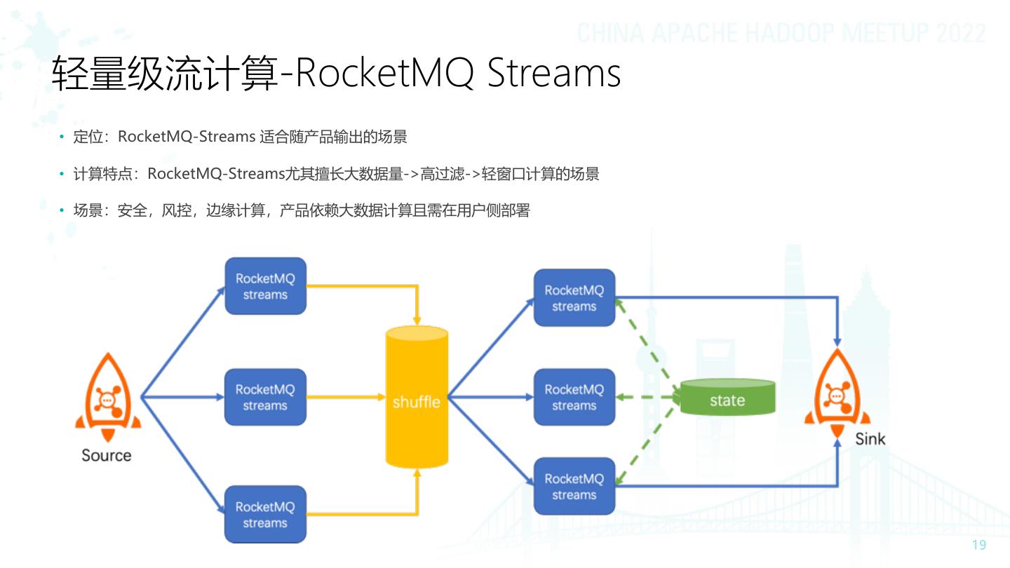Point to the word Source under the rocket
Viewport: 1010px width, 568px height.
point(107,455)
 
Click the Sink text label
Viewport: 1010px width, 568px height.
point(870,439)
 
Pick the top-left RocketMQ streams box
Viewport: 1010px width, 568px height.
point(265,286)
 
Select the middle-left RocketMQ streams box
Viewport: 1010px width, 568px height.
point(265,397)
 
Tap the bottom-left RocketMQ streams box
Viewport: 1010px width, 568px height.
point(265,515)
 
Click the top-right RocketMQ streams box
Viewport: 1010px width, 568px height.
point(574,298)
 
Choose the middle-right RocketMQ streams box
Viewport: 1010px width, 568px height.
point(574,397)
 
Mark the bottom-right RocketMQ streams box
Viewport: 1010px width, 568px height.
point(574,486)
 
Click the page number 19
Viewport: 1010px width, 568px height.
point(978,546)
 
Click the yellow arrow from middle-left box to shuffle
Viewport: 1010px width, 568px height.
point(347,397)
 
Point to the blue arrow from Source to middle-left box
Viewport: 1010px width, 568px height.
point(182,397)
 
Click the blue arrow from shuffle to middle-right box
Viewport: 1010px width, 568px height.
point(491,397)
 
